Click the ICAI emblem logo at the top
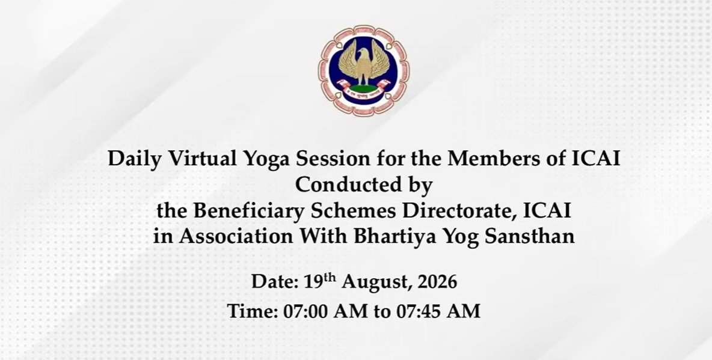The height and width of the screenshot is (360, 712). coord(363,70)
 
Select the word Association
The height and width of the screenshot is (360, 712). coord(236,236)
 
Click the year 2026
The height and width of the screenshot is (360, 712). coord(437,281)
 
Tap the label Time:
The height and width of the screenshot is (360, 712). coord(253,311)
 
